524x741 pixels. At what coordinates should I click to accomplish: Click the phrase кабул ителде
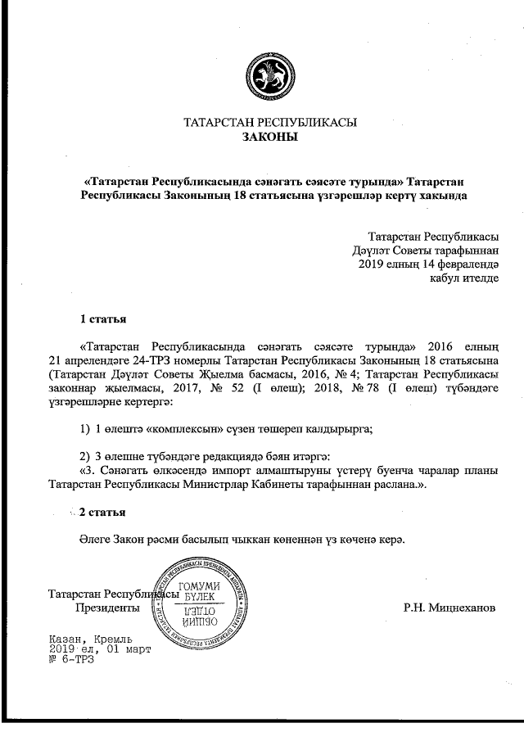pyautogui.click(x=463, y=278)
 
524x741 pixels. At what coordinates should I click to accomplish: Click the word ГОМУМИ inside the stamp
pyautogui.click(x=200, y=585)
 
